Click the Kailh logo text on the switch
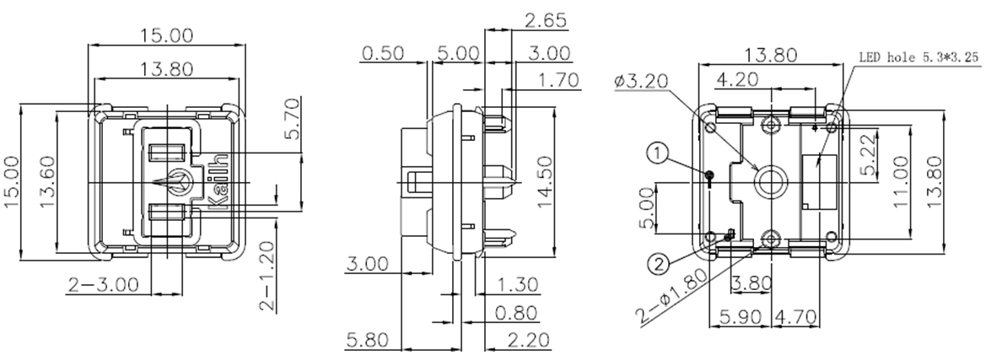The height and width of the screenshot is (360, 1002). click(218, 181)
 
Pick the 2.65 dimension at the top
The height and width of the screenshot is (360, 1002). click(544, 20)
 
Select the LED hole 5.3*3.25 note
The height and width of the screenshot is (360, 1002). click(919, 60)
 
